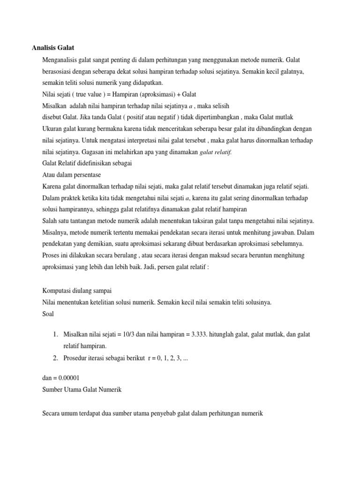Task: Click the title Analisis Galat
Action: tap(53, 47)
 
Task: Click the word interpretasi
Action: tap(151, 140)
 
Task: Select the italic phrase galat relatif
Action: tap(216, 151)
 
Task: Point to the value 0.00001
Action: tap(70, 378)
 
